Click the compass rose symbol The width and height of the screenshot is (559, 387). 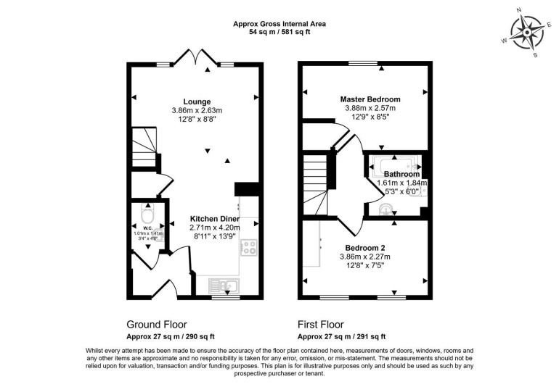[x=527, y=30]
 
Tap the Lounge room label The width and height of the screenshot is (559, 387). [x=197, y=101]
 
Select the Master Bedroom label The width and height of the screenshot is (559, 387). [x=370, y=99]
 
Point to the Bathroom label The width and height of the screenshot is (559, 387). [x=401, y=175]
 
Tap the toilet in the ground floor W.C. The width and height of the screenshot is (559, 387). [x=148, y=215]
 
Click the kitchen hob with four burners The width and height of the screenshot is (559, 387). [x=249, y=248]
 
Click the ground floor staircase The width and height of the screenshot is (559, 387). [x=148, y=149]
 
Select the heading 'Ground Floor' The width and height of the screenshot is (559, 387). [x=157, y=325]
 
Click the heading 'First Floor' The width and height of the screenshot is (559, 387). [x=321, y=325]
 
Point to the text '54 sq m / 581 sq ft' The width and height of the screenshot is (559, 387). [x=279, y=33]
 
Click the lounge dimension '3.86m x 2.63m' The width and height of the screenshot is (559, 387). [x=197, y=111]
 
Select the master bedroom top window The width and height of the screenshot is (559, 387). [x=358, y=64]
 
